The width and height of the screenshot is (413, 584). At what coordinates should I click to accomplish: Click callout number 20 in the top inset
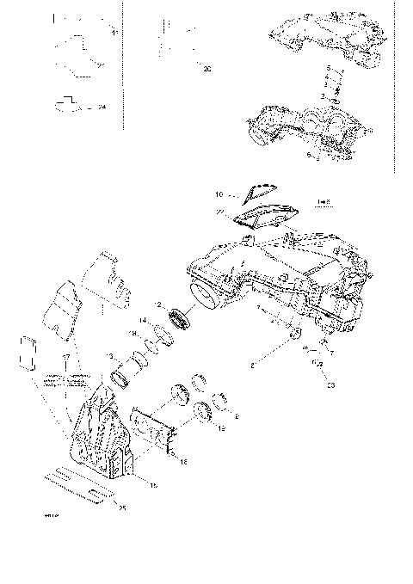[x=206, y=69]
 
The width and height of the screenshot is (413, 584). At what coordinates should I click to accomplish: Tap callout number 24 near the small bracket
[x=102, y=107]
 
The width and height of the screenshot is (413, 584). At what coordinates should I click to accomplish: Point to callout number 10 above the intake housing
[x=219, y=194]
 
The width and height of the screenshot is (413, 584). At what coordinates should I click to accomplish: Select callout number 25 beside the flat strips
[x=121, y=508]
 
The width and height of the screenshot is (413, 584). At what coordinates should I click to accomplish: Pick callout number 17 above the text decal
[x=65, y=356]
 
